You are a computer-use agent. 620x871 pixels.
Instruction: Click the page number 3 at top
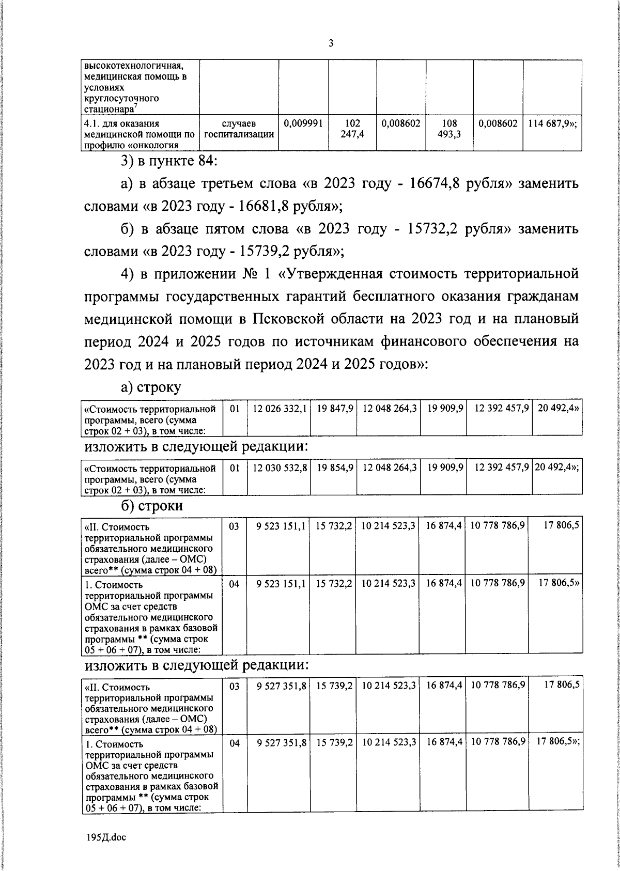pyautogui.click(x=331, y=43)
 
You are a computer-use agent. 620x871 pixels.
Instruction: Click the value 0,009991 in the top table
pyautogui.click(x=304, y=124)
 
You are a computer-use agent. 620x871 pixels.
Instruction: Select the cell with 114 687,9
pyautogui.click(x=552, y=124)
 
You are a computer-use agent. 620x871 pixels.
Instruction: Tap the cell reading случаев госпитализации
pyautogui.click(x=239, y=129)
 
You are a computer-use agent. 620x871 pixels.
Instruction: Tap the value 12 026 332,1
pyautogui.click(x=280, y=409)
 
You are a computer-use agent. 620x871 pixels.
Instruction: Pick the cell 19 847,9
pyautogui.click(x=335, y=409)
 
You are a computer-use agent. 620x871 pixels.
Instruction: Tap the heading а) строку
pyautogui.click(x=150, y=387)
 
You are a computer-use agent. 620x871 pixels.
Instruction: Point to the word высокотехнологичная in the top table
pyautogui.click(x=134, y=66)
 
